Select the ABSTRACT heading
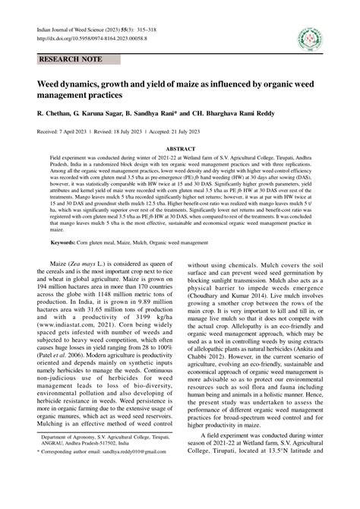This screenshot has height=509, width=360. click(181, 150)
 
